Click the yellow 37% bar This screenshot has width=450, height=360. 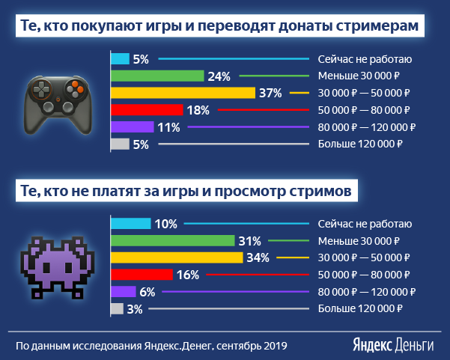183,93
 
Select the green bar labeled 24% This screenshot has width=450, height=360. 157,76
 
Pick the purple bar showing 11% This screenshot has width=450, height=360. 132,127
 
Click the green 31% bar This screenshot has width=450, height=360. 172,241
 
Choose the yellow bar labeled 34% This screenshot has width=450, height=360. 177,257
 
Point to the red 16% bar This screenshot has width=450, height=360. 142,275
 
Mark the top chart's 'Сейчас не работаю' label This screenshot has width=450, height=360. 365,59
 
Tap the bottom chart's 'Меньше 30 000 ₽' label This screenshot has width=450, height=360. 359,241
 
